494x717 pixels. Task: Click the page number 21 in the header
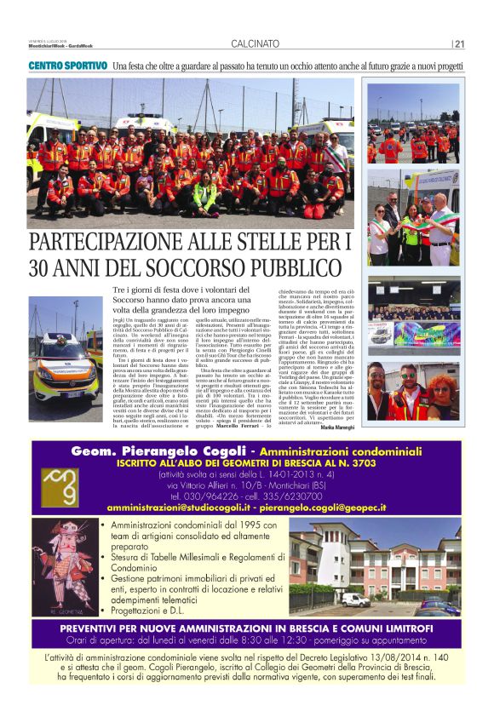point(459,45)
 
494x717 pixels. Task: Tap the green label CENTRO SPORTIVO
point(68,66)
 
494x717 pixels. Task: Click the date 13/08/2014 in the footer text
point(356,657)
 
